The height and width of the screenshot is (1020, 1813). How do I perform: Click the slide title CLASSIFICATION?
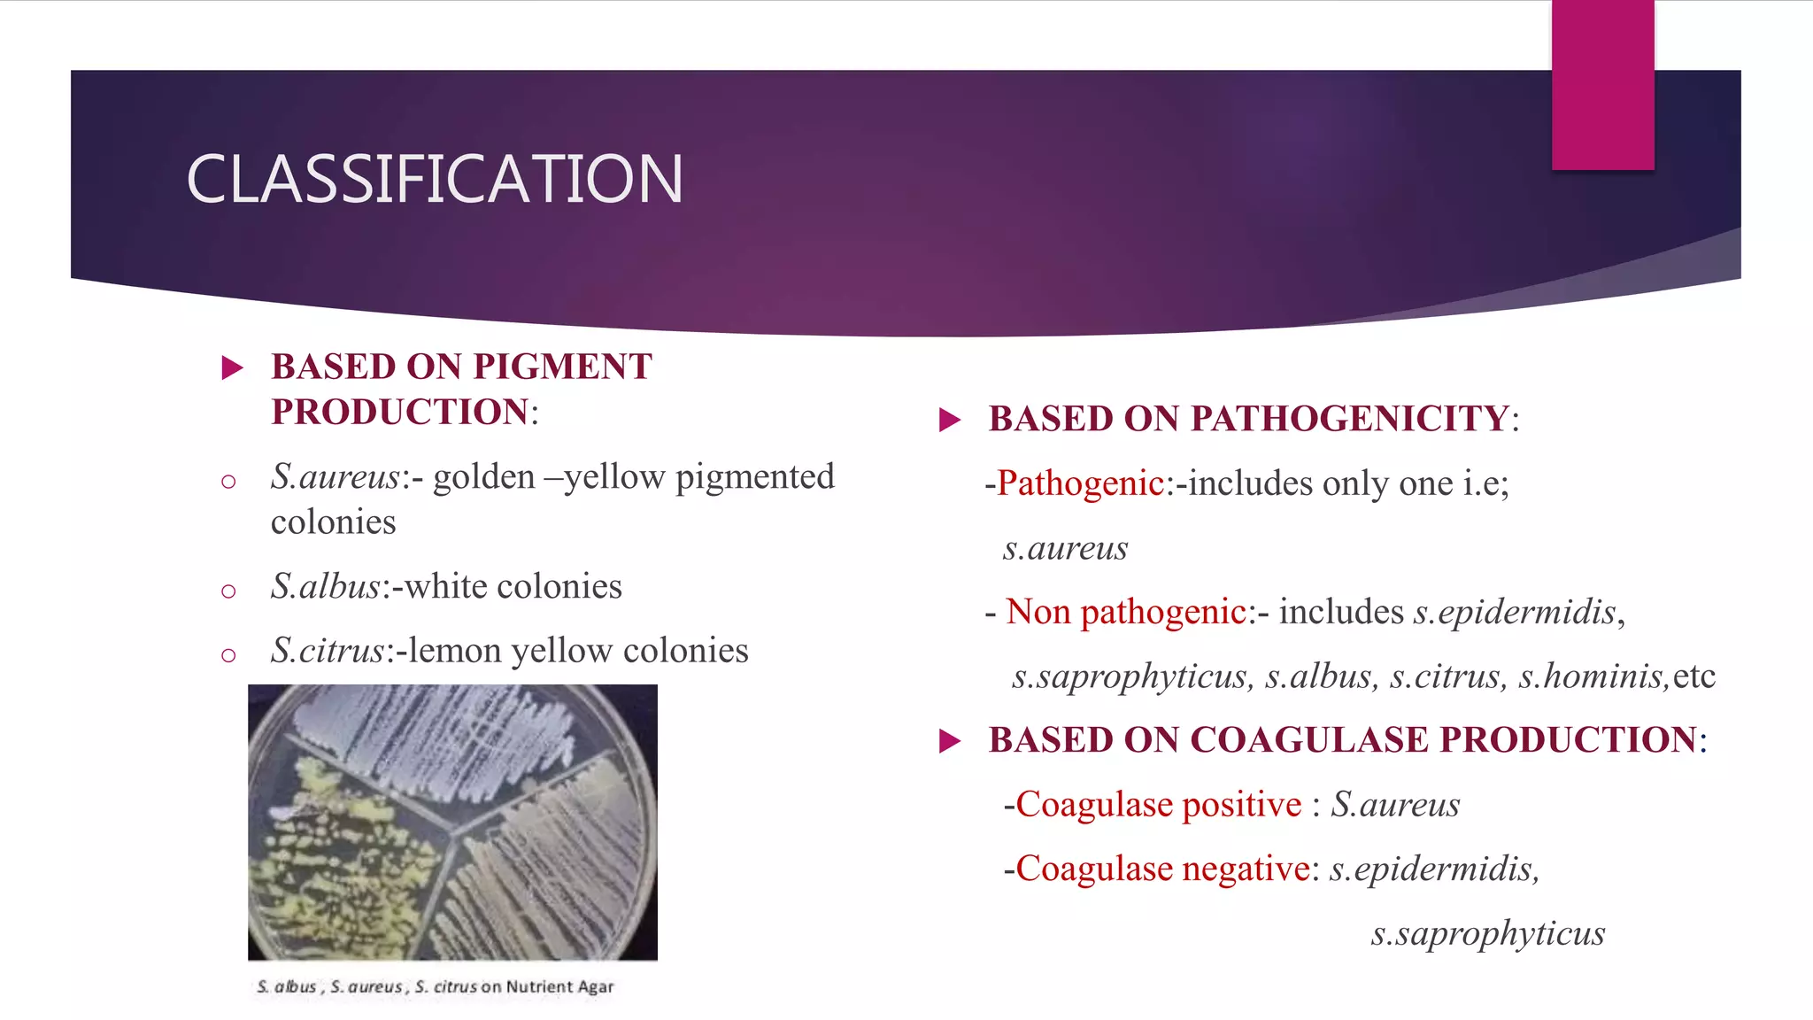[x=434, y=179]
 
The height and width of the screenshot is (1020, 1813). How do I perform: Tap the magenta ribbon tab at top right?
[x=1602, y=85]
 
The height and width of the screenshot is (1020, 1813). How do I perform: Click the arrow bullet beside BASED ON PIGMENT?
[x=232, y=367]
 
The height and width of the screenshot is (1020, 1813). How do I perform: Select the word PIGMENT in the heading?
[x=563, y=367]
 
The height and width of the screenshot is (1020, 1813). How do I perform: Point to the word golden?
[x=483, y=477]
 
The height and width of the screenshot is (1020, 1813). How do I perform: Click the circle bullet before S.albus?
[x=228, y=591]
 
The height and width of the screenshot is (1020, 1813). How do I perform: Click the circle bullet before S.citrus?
[x=228, y=655]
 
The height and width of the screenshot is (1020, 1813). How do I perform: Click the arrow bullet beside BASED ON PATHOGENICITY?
[x=950, y=420]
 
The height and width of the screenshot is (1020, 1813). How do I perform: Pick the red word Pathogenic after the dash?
[x=1080, y=483]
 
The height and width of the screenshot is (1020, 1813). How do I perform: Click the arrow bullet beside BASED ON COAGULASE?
[x=950, y=741]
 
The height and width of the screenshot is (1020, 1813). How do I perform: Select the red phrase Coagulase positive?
[x=1159, y=805]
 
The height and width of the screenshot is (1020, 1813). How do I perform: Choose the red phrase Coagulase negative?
[x=1162, y=869]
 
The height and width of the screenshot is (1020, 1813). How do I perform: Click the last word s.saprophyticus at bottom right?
[x=1487, y=933]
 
